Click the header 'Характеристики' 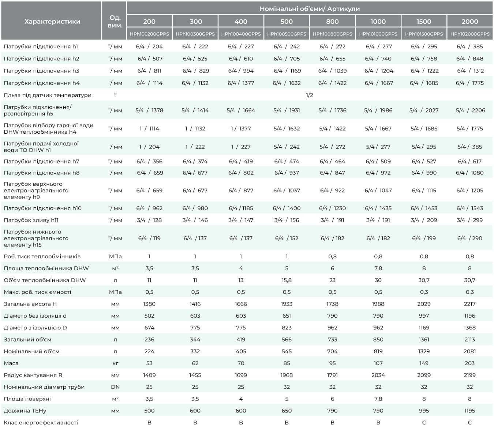click(52, 22)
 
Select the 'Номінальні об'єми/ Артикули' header click(310, 9)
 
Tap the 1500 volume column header click(424, 22)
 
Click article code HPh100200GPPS click(149, 34)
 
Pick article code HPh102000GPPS click(470, 34)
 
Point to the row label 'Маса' click(11, 363)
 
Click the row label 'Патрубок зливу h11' click(31, 220)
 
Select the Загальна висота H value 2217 click(469, 304)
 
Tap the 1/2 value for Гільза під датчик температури click(309, 95)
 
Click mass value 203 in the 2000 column click(469, 363)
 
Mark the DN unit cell click(115, 387)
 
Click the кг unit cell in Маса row click(115, 363)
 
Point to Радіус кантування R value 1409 click(149, 375)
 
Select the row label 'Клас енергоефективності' click(41, 422)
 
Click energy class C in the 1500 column click(424, 422)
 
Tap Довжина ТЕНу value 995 click(424, 411)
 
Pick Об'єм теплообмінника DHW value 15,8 click(287, 280)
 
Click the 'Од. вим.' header click(115, 22)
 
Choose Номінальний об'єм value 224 click(149, 351)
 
